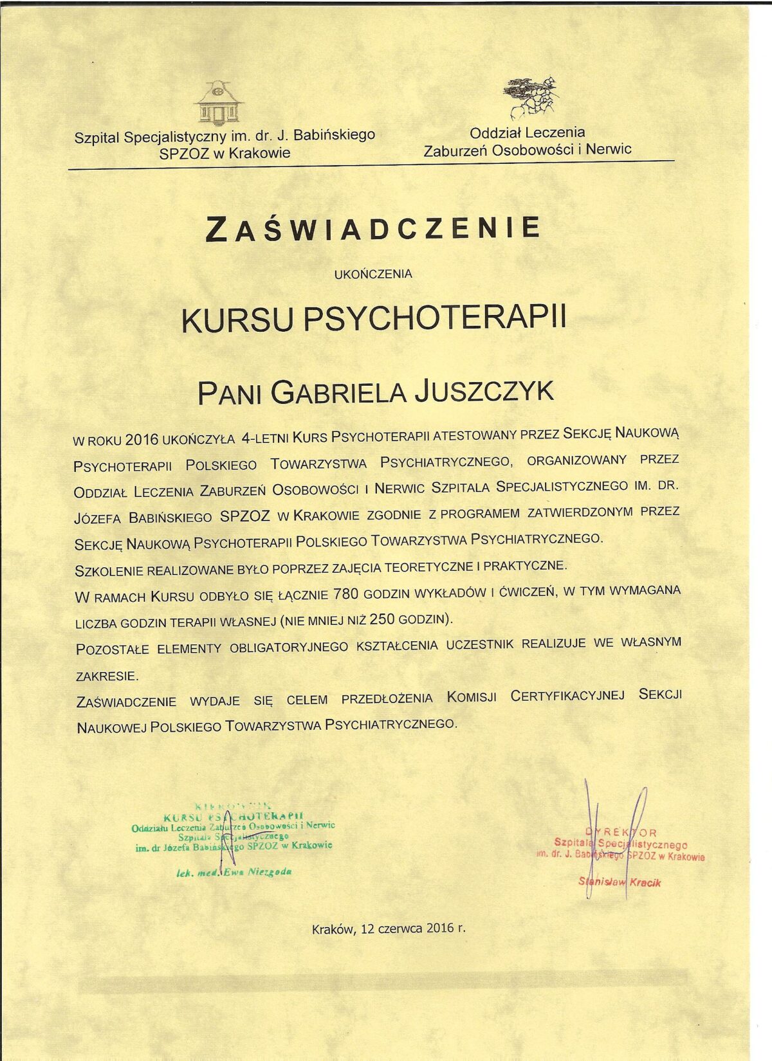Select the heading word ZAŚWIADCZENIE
pyautogui.click(x=373, y=228)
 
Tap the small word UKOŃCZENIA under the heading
pyautogui.click(x=373, y=274)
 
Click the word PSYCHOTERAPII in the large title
pyautogui.click(x=434, y=318)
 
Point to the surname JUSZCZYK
pyautogui.click(x=484, y=392)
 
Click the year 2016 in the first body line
pyautogui.click(x=142, y=440)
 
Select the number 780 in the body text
pyautogui.click(x=346, y=594)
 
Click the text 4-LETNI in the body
pyautogui.click(x=264, y=438)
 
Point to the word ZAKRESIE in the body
pyautogui.click(x=107, y=676)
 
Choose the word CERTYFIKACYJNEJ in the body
pyautogui.click(x=567, y=696)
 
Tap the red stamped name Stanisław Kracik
pyautogui.click(x=620, y=882)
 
